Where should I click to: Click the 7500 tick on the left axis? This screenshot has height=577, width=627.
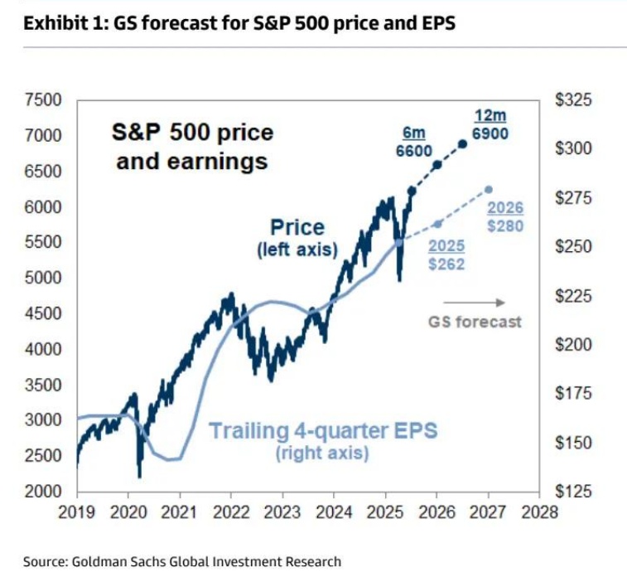point(43,101)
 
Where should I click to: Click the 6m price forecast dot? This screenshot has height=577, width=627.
point(437,165)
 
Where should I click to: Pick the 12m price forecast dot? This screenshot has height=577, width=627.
point(462,144)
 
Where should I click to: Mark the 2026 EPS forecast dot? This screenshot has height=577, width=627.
point(488,190)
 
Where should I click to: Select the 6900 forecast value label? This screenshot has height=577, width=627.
point(491,133)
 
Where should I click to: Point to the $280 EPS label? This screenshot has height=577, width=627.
point(505,225)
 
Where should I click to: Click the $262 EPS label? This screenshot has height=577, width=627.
point(447,264)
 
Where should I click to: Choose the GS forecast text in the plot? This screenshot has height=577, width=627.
point(475,322)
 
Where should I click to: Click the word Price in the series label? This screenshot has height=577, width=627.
point(297,227)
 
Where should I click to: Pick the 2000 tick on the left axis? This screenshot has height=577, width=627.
point(43,492)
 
